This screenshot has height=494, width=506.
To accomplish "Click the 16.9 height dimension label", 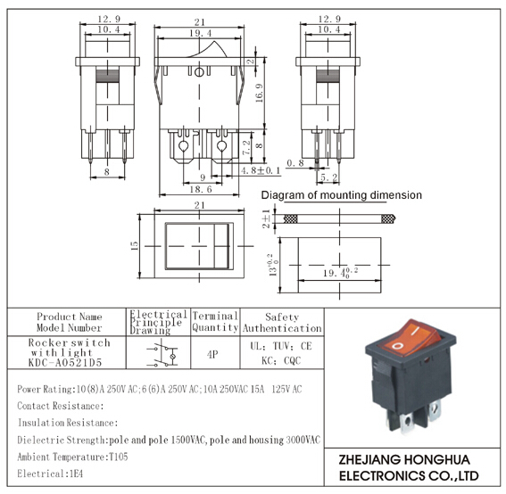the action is [x=260, y=94].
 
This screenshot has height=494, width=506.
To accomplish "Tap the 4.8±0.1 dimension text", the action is [x=261, y=170].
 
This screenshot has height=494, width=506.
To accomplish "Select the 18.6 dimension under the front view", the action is [x=201, y=189].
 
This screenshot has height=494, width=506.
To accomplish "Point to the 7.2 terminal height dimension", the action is [x=246, y=147].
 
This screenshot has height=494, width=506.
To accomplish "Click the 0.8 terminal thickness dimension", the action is [x=295, y=163].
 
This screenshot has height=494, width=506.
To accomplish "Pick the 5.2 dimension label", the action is [x=328, y=177].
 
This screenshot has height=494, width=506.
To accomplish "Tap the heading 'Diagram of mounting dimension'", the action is [x=341, y=195].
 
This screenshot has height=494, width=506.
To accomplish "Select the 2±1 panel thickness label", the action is [x=266, y=218].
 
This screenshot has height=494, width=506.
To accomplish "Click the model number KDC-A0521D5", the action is [x=65, y=363].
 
